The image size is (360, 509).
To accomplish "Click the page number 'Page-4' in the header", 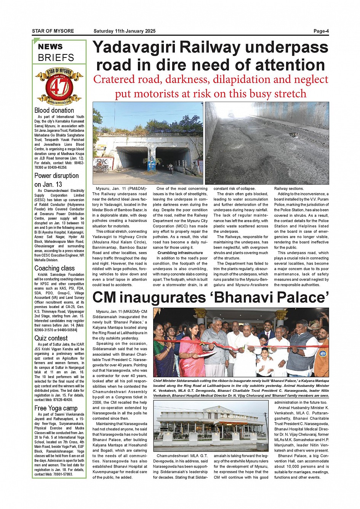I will [x=321, y=31].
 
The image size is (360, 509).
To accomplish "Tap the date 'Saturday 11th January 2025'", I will [x=124, y=31].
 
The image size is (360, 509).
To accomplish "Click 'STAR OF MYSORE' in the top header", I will [x=53, y=31].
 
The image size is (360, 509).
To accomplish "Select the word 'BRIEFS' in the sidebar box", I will [x=56, y=58].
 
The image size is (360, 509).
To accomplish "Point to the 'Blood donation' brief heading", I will [x=54, y=110].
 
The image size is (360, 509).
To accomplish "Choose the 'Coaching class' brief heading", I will [x=54, y=268].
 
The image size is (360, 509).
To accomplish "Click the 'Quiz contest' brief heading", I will [x=51, y=338].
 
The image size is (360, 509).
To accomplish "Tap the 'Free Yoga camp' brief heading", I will [x=56, y=408].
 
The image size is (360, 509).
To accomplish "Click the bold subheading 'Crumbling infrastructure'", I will [x=180, y=253].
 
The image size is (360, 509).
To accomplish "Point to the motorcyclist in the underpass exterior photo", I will [x=171, y=168].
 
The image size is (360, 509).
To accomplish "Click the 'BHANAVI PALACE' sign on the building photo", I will [x=234, y=417].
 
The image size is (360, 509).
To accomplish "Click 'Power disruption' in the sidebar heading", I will [x=56, y=176].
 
